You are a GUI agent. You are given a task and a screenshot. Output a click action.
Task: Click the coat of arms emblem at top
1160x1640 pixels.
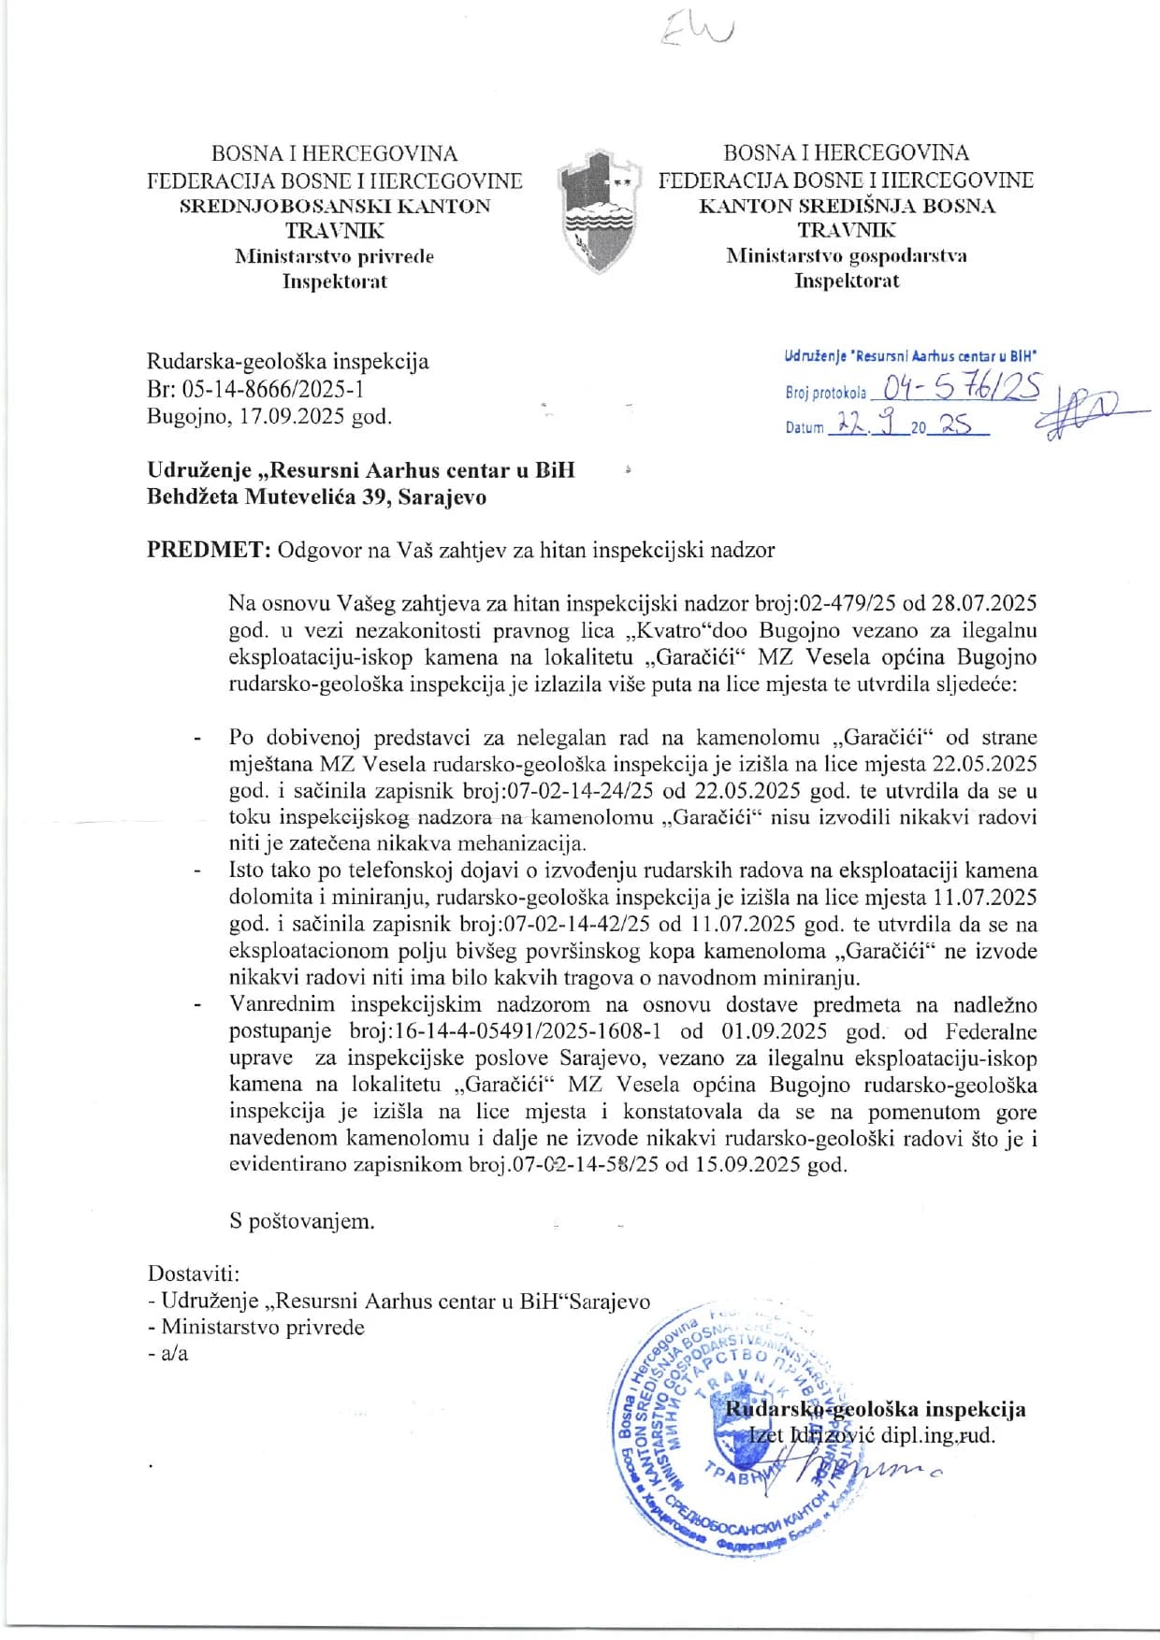click(x=599, y=211)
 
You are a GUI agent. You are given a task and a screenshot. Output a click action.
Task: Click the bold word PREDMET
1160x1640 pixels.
click(x=208, y=550)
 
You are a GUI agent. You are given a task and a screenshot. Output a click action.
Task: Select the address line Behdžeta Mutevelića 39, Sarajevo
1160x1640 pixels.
click(x=316, y=496)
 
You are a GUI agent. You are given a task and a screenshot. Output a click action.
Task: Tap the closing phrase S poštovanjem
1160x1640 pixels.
click(x=301, y=1221)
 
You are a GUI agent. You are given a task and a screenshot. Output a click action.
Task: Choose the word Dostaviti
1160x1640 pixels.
click(x=193, y=1273)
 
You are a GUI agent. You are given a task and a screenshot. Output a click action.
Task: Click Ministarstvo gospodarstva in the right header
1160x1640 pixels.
click(x=846, y=255)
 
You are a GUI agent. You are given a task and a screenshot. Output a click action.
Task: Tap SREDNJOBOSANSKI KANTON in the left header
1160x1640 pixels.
click(x=334, y=206)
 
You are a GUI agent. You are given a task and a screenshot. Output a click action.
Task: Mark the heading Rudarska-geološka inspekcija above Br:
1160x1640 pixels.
click(x=287, y=362)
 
